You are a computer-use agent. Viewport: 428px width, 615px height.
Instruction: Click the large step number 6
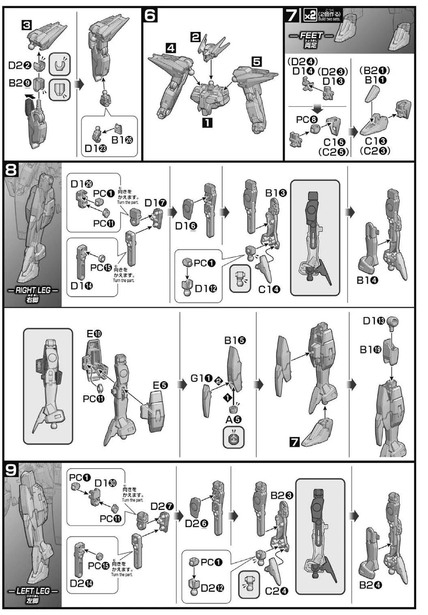[150, 16]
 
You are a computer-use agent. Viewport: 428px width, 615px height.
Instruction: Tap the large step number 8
[11, 169]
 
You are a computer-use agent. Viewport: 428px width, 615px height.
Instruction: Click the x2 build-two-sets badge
[309, 16]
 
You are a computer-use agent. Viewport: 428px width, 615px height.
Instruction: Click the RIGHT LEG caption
[33, 290]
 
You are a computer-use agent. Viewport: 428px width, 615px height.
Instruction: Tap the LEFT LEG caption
[33, 591]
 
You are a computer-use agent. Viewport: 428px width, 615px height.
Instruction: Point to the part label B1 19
[371, 349]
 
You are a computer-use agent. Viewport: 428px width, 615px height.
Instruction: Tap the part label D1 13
[373, 321]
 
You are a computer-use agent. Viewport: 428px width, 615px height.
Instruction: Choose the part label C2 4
[276, 591]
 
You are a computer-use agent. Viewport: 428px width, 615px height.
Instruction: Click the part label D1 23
[96, 148]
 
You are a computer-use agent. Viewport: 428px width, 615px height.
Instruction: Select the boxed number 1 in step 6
[207, 122]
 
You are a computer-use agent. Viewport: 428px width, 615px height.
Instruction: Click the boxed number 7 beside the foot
[294, 442]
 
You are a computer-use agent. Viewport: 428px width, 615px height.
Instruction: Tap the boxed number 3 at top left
[26, 25]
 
